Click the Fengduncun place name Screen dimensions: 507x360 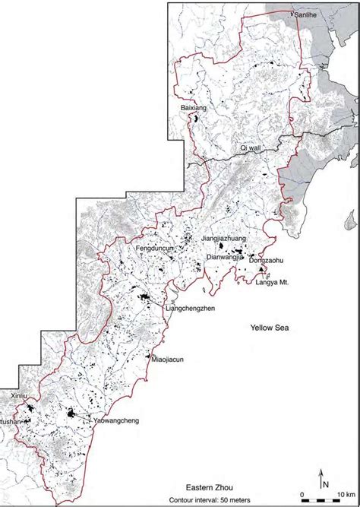[x=155, y=248]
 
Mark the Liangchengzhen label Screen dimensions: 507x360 [x=187, y=309]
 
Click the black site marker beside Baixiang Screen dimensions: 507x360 [x=196, y=119]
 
